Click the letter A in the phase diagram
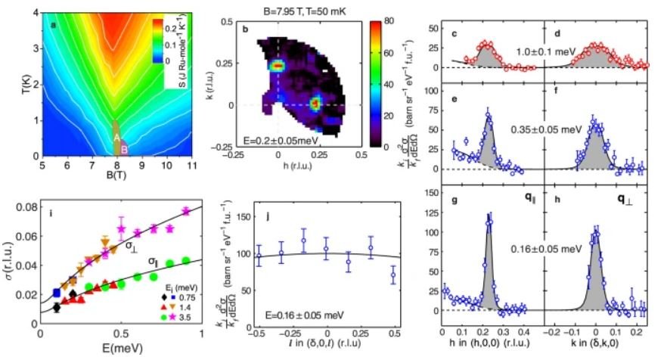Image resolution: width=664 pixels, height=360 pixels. click(x=116, y=138)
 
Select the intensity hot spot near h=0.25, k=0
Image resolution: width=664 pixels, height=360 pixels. click(x=316, y=101)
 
